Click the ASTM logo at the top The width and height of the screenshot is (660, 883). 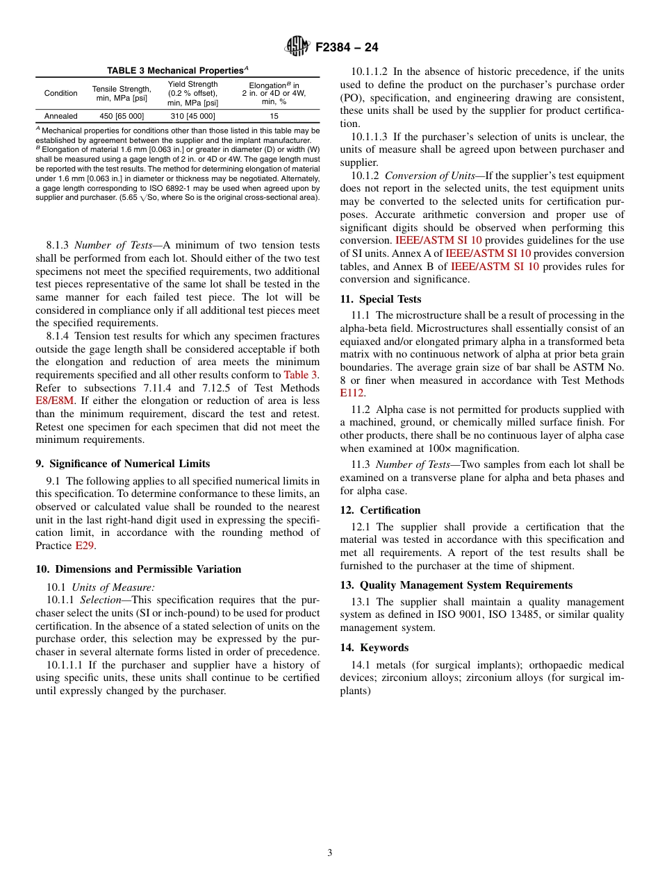(297, 47)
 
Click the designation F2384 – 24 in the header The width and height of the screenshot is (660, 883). (347, 48)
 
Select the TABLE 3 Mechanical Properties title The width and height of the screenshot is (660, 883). (178, 71)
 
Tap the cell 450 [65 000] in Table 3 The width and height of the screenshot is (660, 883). (122, 116)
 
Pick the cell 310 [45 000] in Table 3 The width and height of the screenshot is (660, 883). (192, 116)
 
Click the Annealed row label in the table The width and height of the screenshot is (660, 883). (61, 116)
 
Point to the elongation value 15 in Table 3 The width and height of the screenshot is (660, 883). (274, 116)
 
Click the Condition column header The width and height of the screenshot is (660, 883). (61, 93)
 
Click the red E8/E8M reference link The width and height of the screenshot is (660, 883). (55, 401)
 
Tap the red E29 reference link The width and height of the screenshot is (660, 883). (83, 546)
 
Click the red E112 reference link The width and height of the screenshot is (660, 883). (352, 393)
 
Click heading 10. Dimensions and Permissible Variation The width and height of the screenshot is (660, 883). (138, 569)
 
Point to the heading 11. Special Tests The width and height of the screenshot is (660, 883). (380, 299)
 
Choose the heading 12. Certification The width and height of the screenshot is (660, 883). (380, 510)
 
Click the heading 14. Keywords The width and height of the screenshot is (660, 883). (374, 648)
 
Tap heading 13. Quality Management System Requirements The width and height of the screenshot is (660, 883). (456, 585)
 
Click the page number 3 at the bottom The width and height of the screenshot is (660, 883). (330, 853)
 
